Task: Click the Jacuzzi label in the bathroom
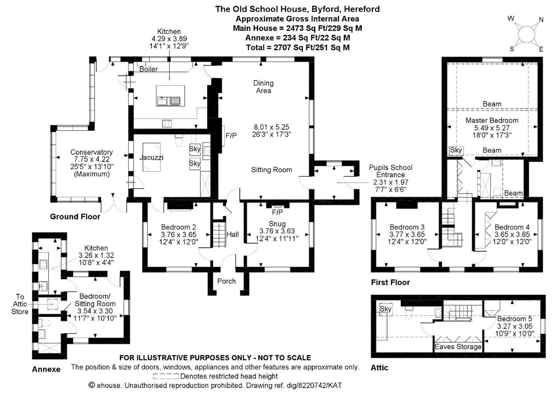point(151,158)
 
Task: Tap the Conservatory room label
point(91,152)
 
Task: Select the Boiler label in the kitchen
point(148,69)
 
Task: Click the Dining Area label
point(263,86)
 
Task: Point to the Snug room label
point(277,224)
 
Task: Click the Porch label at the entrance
point(226,281)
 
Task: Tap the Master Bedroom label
point(492,120)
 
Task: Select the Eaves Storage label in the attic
point(458,347)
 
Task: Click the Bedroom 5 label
point(514,319)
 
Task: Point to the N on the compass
point(541,20)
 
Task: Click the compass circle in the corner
point(526,34)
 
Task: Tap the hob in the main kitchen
point(167,123)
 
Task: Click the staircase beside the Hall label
point(219,235)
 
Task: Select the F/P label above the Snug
point(277,212)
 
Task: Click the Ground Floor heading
point(75,217)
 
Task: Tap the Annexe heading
point(46,369)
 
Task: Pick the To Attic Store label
point(20,304)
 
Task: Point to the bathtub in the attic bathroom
point(382,326)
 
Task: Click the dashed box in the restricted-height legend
point(166,376)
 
